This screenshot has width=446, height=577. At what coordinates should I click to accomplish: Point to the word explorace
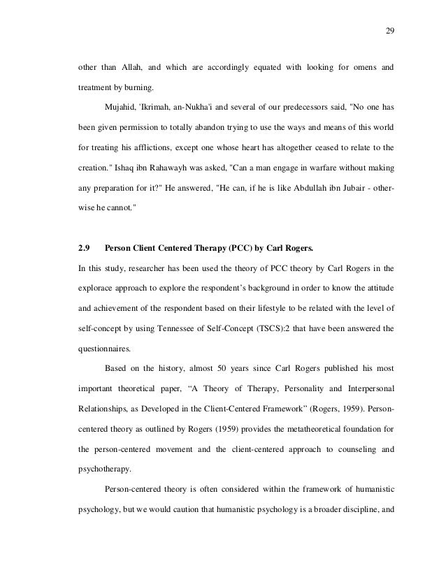pos(101,287)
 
